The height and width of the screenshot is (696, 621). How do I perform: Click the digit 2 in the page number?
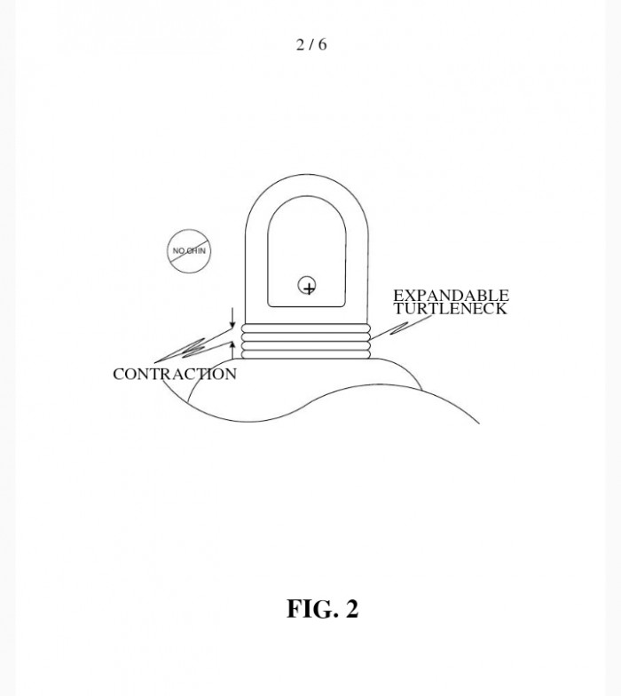[x=301, y=44]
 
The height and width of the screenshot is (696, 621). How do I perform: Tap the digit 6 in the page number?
[x=322, y=44]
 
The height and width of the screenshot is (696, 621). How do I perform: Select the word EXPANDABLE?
[x=451, y=295]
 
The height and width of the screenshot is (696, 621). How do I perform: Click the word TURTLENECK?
[x=451, y=309]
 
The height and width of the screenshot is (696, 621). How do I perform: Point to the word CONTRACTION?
[x=175, y=375]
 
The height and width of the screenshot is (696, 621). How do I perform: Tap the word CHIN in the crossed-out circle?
[x=195, y=250]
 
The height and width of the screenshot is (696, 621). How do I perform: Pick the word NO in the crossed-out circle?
[x=178, y=250]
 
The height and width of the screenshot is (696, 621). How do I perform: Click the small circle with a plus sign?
[x=307, y=285]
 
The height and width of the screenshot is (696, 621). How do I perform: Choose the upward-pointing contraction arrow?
[x=232, y=350]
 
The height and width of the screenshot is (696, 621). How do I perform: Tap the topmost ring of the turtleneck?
[x=306, y=328]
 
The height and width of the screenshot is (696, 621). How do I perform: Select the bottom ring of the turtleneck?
[x=306, y=354]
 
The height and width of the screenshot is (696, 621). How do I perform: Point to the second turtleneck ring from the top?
[x=306, y=337]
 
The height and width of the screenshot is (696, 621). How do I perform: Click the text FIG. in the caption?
[x=312, y=609]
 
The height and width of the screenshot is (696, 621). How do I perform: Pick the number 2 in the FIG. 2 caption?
[x=351, y=609]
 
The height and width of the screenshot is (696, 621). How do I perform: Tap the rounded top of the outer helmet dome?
[x=307, y=174]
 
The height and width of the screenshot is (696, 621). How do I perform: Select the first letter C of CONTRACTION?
[x=118, y=375]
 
